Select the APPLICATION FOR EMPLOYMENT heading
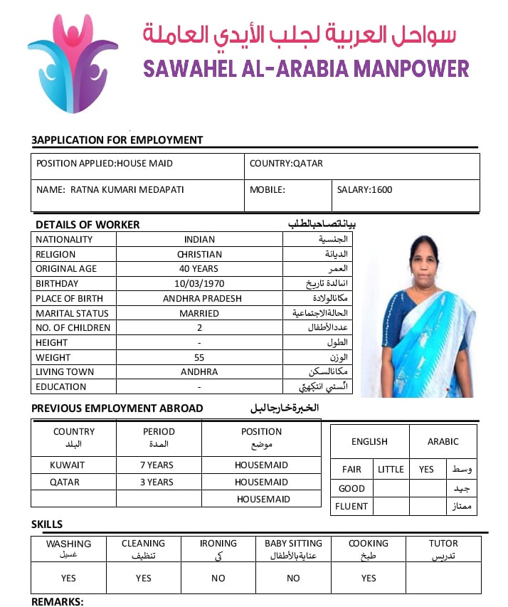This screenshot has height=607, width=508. (x=117, y=140)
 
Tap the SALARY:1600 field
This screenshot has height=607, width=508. (x=364, y=190)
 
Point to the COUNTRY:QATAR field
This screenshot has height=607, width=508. (x=286, y=164)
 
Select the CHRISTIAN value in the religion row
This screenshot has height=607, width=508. (x=199, y=254)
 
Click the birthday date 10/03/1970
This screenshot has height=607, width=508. (x=199, y=284)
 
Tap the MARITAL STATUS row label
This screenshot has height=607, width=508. (x=72, y=313)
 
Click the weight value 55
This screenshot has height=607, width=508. (x=199, y=358)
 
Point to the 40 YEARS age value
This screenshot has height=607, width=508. (x=199, y=269)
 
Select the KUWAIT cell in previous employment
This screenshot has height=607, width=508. (x=67, y=465)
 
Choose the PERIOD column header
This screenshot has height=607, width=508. (x=158, y=432)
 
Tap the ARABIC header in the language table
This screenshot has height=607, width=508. (x=443, y=442)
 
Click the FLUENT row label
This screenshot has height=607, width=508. (x=351, y=507)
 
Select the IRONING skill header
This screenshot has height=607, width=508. (x=218, y=544)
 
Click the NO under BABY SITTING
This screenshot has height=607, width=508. (x=293, y=579)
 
